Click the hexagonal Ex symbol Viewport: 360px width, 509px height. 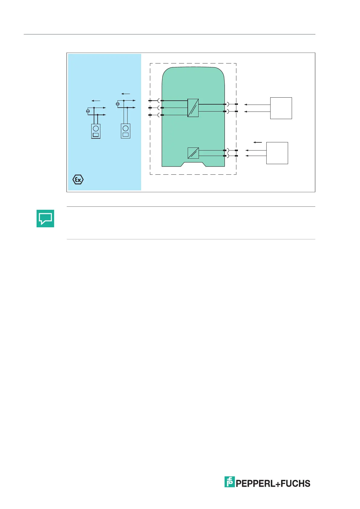78,180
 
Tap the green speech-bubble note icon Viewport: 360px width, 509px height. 45,218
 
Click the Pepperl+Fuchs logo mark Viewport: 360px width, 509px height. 229,482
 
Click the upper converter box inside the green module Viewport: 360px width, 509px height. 193,108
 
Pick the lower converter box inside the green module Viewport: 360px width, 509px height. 193,153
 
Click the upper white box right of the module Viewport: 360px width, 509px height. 281,108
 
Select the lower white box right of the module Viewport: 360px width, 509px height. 277,153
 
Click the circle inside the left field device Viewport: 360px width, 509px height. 96,128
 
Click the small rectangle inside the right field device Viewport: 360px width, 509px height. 125,135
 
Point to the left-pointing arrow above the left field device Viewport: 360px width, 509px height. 96,101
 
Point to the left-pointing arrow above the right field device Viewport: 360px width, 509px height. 125,94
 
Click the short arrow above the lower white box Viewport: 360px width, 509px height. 258,142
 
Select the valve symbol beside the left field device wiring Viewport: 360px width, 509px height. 88,111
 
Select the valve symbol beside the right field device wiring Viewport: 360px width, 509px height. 118,104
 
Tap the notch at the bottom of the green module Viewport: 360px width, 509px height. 193,165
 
